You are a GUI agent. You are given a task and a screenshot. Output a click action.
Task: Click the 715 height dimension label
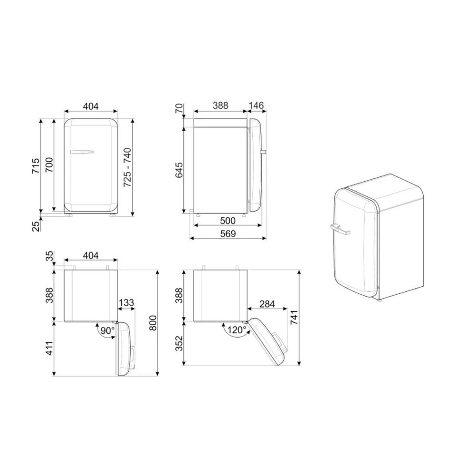36,166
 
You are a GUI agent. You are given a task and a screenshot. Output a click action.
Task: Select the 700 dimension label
49,165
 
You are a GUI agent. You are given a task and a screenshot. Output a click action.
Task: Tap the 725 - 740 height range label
127,167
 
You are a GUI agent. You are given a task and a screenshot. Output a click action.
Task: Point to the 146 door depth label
256,106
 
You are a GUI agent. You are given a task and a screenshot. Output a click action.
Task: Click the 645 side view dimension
179,170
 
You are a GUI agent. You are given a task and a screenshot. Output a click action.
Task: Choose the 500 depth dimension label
228,221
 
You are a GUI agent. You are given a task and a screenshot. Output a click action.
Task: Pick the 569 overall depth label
228,233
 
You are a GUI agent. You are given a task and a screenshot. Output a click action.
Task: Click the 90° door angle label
108,330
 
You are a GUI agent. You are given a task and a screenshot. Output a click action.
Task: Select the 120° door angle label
237,330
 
